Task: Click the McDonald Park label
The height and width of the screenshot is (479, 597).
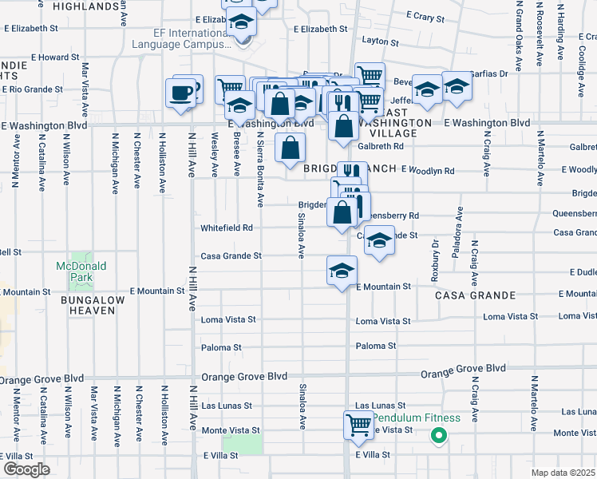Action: click(x=75, y=271)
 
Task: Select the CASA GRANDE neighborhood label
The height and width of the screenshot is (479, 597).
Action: click(x=467, y=295)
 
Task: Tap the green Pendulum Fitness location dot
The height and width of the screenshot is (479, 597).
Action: click(x=437, y=436)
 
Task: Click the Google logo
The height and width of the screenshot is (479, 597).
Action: click(x=26, y=469)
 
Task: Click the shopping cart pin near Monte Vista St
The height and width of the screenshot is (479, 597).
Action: click(x=358, y=424)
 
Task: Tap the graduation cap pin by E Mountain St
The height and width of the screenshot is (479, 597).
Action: click(x=342, y=271)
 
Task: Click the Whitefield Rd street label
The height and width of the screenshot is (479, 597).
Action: click(x=227, y=228)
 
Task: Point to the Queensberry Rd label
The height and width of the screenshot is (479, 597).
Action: click(x=391, y=216)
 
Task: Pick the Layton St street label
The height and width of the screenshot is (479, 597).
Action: click(x=379, y=38)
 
